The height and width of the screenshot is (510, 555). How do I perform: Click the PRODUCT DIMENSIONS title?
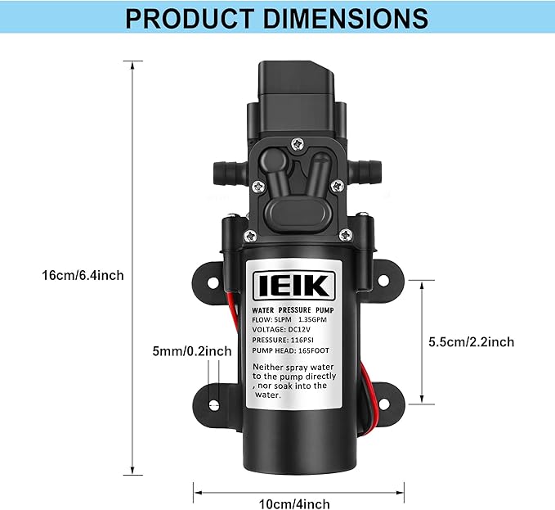pyautogui.click(x=276, y=18)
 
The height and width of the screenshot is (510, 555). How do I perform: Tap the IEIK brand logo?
pyautogui.click(x=292, y=286)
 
